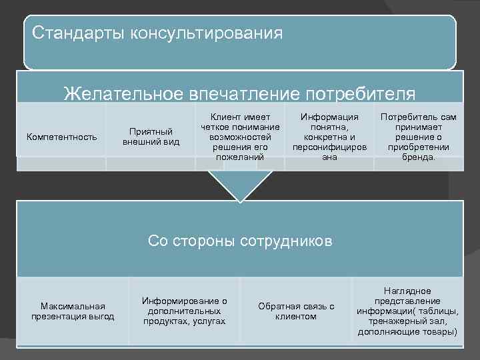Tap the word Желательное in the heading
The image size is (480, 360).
point(125,93)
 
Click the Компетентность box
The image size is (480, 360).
point(61,137)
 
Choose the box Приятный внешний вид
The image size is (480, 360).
point(151,137)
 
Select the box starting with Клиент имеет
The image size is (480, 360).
point(239,137)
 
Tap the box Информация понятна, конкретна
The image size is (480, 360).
point(329,137)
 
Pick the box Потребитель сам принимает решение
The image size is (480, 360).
point(418,137)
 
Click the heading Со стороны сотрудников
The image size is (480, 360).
point(239,241)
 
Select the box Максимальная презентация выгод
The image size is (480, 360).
point(73,311)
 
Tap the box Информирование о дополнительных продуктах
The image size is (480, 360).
point(184,311)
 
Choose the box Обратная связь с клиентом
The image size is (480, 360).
point(296,311)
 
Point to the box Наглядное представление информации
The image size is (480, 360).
point(407,311)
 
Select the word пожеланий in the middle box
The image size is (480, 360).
point(239,157)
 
